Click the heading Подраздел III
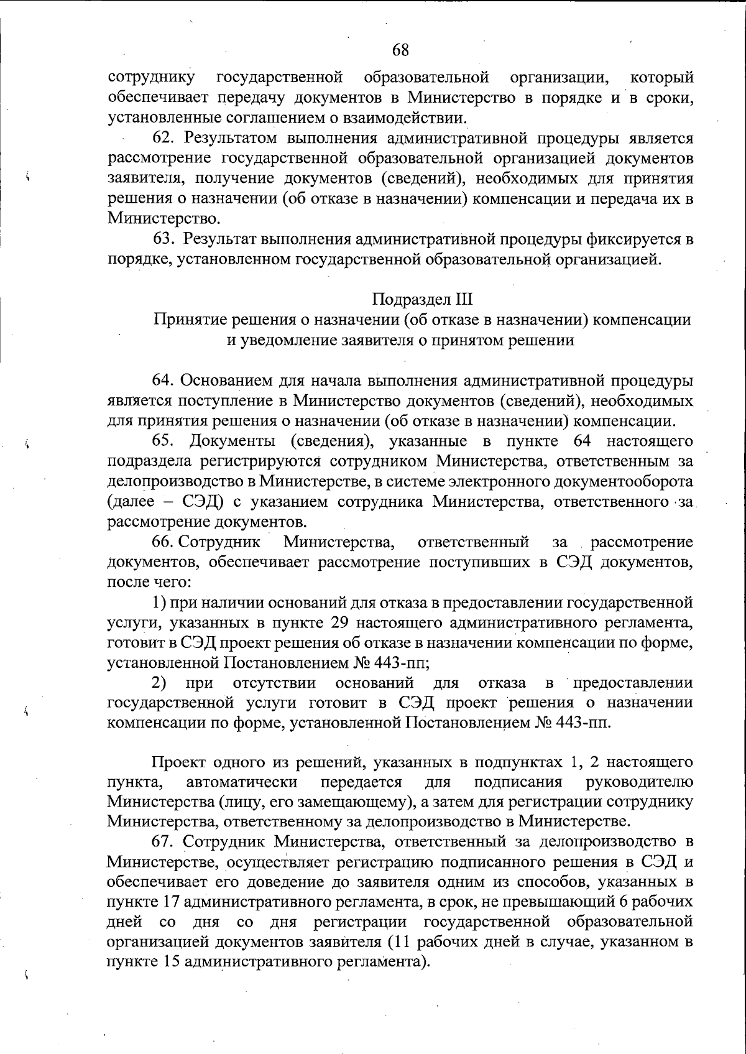(423, 300)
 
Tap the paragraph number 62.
(164, 138)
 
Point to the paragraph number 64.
(164, 381)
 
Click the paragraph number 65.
(164, 441)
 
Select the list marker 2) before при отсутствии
(159, 683)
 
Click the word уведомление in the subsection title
(290, 340)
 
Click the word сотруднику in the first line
(151, 78)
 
